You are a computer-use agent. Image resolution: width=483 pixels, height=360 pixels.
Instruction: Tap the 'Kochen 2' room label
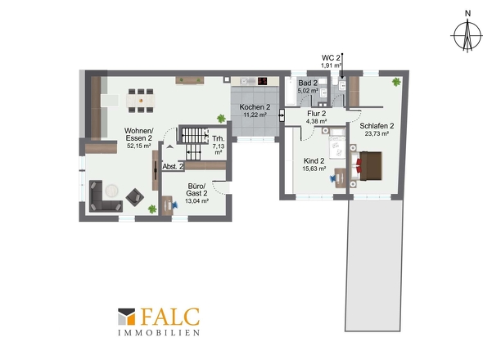255,107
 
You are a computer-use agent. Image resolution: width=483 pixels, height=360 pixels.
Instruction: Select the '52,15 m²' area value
138,146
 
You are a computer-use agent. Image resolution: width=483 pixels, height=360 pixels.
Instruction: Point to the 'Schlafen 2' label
377,126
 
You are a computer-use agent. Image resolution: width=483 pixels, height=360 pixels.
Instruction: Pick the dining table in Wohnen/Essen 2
141,101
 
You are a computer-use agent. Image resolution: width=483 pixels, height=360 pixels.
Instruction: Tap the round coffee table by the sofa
111,191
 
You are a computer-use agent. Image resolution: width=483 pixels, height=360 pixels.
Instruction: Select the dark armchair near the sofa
134,197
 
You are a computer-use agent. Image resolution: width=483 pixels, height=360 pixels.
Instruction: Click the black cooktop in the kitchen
263,81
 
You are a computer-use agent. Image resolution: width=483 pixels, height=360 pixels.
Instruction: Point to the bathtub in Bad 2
290,92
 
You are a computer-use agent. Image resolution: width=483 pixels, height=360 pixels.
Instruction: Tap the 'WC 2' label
331,57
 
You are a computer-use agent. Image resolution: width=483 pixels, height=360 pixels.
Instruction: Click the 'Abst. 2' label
173,167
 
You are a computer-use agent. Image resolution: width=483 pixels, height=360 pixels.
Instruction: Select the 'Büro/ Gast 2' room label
196,190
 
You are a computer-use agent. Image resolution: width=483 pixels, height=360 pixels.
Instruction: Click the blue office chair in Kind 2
333,178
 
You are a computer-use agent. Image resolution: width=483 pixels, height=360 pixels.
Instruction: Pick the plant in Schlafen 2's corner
396,82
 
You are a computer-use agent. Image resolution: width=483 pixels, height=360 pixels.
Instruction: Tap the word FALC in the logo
170,317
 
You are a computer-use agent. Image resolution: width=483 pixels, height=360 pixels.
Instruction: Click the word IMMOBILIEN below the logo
159,333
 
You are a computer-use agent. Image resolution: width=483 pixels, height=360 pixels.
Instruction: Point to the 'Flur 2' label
316,114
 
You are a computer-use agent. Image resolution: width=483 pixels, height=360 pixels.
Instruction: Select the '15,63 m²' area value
314,169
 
